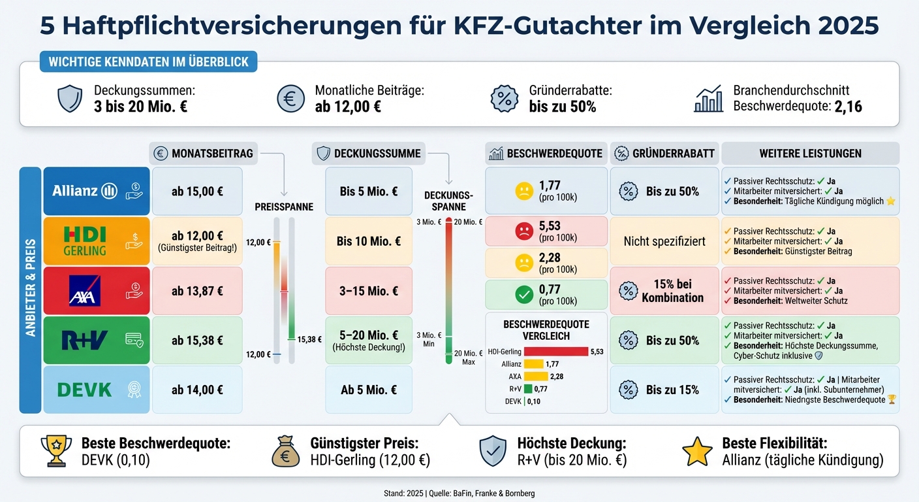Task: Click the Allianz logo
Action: click(85, 191)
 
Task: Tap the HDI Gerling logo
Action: click(85, 241)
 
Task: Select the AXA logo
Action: click(85, 291)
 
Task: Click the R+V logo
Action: click(85, 341)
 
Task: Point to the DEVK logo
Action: click(85, 390)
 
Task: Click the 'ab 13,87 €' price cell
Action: click(197, 292)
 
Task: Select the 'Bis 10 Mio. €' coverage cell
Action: click(369, 241)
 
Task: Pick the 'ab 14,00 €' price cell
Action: click(197, 390)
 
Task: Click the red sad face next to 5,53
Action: click(523, 231)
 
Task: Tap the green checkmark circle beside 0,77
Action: click(523, 295)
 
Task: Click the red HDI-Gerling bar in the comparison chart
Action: click(555, 352)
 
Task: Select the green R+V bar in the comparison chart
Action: click(528, 389)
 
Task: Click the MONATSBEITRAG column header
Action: click(203, 154)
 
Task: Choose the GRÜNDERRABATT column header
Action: click(664, 154)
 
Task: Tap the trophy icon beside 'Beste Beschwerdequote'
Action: click(56, 451)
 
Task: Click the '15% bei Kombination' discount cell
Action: click(664, 291)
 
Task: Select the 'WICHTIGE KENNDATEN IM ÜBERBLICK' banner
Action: click(149, 62)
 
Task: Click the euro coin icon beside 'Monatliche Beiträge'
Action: click(290, 98)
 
